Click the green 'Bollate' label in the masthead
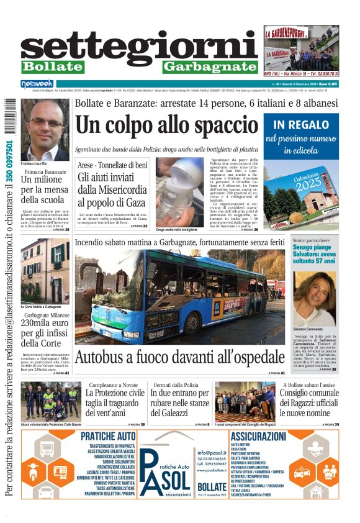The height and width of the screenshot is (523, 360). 52,66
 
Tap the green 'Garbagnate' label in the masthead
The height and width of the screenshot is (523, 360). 210,66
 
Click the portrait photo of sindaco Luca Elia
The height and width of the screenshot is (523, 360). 45,129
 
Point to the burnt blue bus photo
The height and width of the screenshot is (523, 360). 180,297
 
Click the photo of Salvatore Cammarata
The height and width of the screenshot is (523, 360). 315,298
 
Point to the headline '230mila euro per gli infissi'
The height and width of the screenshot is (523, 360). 45,332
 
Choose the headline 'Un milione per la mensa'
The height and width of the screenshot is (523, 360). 45,189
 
